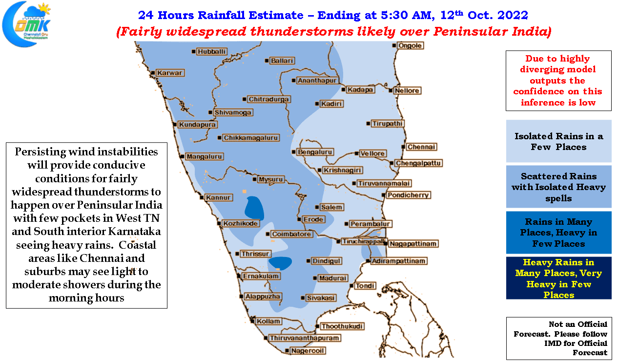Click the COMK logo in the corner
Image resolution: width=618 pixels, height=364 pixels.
pos(26,24)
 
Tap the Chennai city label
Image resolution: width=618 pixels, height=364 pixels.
pos(421,147)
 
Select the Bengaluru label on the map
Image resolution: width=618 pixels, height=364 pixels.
pos(315,152)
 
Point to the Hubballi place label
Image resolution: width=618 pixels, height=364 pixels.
pos(211,52)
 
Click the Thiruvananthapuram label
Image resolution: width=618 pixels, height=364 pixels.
pos(304,338)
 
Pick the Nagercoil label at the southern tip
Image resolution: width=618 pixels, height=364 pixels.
pos(308,351)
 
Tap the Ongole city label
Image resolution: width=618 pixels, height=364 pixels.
pos(410,45)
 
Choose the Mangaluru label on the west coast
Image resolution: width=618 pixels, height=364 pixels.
pos(204,156)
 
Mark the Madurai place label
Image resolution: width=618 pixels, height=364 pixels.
pos(332,278)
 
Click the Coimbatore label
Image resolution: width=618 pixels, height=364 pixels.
pos(291,234)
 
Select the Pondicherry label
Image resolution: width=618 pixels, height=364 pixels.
pos(408,195)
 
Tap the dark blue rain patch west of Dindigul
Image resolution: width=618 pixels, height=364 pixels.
pos(280,263)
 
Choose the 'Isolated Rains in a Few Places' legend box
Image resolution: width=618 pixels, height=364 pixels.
pos(558,141)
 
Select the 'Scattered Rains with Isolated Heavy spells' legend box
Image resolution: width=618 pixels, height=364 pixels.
pos(558,187)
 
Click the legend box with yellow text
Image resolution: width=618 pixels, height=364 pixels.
pos(558,278)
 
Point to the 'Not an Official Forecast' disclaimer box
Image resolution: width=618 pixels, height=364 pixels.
pos(559,338)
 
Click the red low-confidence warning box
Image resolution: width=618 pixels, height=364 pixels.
pos(558,81)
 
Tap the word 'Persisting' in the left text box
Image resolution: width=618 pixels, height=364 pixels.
pos(41,152)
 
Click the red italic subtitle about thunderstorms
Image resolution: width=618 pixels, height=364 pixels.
pos(334,32)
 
